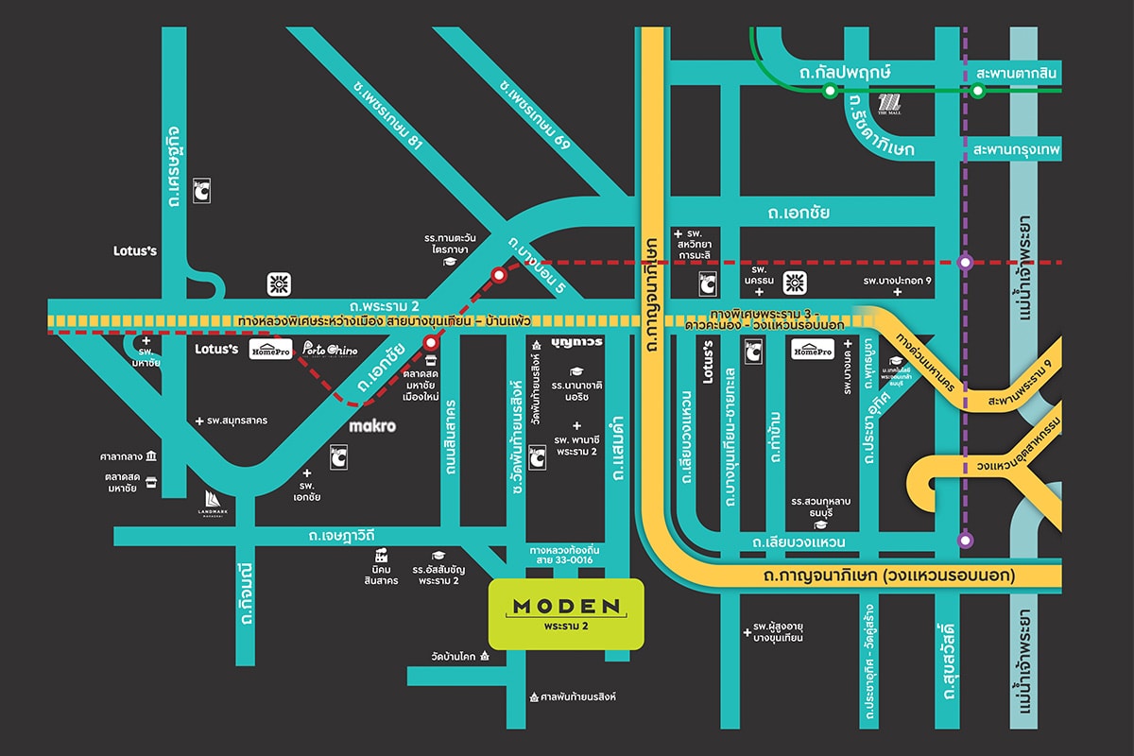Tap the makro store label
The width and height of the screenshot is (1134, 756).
click(371, 426)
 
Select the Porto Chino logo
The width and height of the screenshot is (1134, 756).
click(330, 351)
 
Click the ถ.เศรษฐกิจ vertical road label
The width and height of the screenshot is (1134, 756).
click(174, 174)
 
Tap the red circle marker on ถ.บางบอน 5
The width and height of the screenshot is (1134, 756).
click(498, 275)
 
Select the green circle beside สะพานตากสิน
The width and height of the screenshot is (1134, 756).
click(978, 91)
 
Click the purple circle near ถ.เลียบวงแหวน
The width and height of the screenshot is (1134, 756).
click(965, 541)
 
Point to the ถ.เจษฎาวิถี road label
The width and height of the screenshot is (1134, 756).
click(341, 537)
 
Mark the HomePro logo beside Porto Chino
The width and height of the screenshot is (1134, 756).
click(269, 351)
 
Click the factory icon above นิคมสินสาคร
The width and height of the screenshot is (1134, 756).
click(382, 555)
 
